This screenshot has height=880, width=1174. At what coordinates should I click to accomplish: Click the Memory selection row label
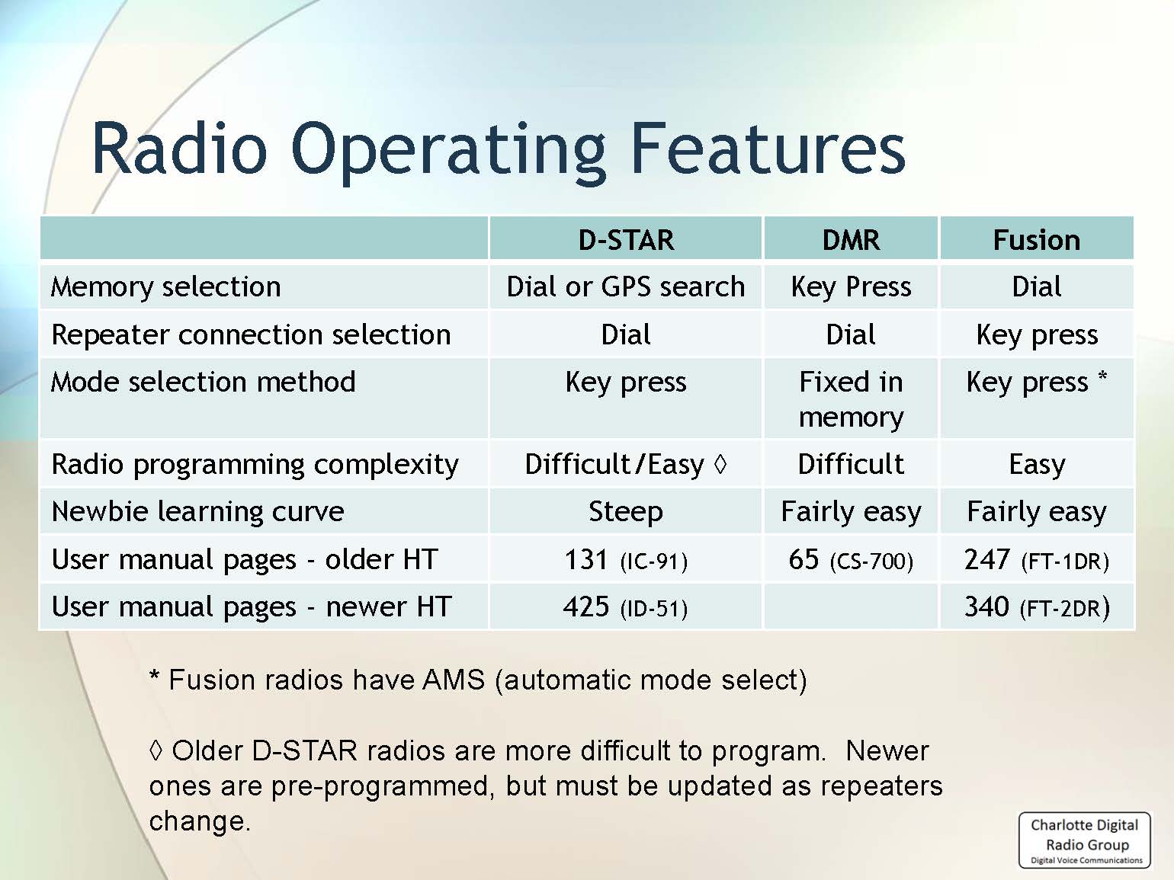click(x=165, y=287)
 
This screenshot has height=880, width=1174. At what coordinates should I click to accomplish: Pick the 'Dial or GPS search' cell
click(x=626, y=287)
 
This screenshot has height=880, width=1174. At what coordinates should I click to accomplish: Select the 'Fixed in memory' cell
click(x=851, y=399)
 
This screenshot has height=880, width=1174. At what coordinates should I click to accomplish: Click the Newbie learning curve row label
click(x=198, y=512)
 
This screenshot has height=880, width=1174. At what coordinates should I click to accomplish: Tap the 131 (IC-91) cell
click(x=626, y=560)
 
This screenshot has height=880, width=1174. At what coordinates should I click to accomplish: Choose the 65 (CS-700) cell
click(x=851, y=560)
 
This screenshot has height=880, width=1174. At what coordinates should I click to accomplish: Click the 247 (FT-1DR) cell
click(x=1037, y=560)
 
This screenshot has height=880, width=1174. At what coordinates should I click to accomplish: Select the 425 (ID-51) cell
click(x=626, y=607)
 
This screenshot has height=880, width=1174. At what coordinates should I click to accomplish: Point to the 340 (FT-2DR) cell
click(x=1037, y=607)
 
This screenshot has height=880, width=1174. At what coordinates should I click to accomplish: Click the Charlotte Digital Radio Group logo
click(x=1086, y=840)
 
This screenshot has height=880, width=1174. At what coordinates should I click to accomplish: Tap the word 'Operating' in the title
click(x=448, y=151)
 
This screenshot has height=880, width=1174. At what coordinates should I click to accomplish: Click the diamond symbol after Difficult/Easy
click(x=720, y=464)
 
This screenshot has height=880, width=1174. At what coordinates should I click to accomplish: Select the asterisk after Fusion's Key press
click(x=1102, y=376)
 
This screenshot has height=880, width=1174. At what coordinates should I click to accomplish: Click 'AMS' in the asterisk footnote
click(x=454, y=680)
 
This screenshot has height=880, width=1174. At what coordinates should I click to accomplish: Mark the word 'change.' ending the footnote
click(x=200, y=821)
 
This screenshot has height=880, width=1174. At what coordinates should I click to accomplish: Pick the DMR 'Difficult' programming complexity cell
click(x=851, y=464)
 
